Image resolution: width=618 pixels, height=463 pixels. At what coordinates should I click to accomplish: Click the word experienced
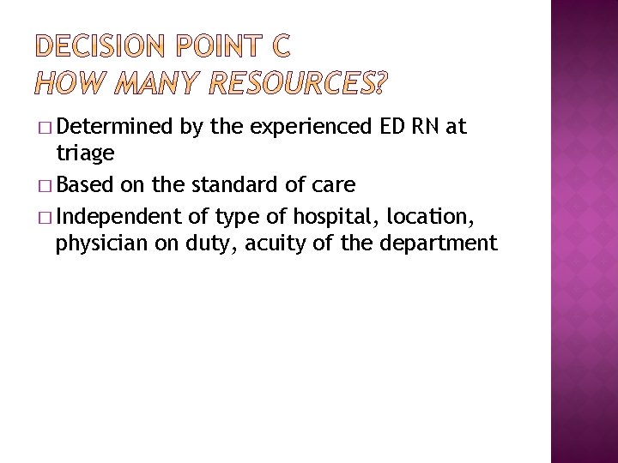tap(310, 128)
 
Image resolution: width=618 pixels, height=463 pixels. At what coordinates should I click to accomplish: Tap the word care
tap(334, 185)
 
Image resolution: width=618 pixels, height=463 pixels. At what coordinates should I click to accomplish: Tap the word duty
tap(212, 244)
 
